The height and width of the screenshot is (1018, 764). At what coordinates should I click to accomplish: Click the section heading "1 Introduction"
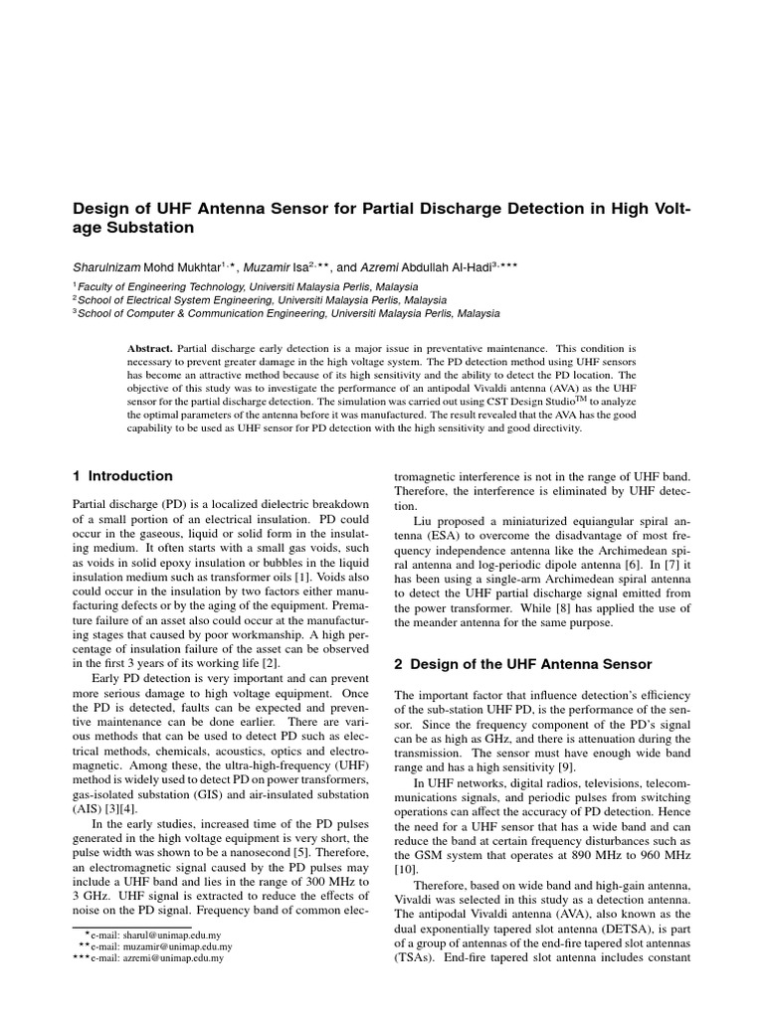click(123, 476)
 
